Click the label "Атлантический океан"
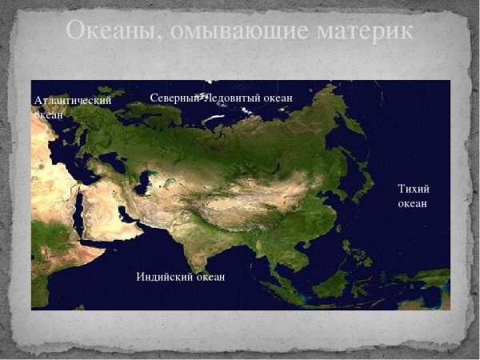point(72,106)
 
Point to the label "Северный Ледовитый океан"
point(221,98)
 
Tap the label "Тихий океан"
point(413,195)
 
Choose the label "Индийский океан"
point(181,277)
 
